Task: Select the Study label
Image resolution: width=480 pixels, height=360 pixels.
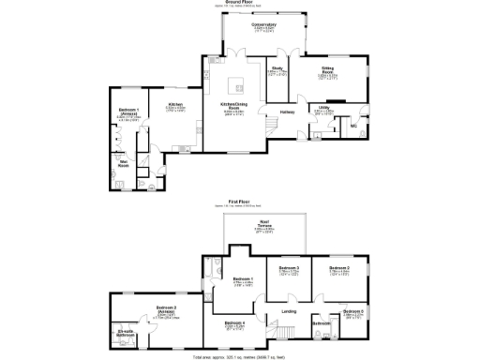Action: click(x=277, y=67)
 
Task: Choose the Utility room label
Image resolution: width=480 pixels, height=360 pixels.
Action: click(x=323, y=108)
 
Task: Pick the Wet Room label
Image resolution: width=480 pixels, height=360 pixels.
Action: click(x=123, y=164)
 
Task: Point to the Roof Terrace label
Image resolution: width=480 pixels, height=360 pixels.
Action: click(x=265, y=224)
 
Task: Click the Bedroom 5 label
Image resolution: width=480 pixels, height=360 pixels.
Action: click(x=352, y=310)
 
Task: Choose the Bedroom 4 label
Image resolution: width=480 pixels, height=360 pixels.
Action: click(x=236, y=323)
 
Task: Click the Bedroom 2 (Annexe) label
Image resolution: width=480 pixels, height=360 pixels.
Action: click(x=167, y=309)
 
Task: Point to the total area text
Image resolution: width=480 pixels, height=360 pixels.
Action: click(x=240, y=357)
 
